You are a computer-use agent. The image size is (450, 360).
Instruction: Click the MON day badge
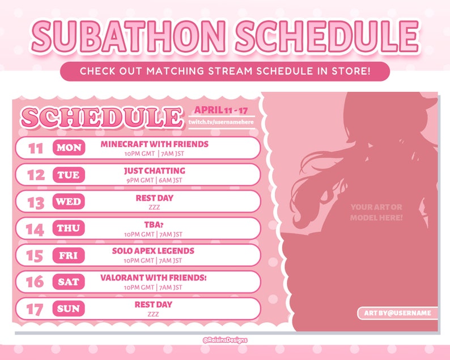pyautogui.click(x=69, y=148)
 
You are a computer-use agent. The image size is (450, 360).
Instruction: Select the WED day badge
pyautogui.click(x=69, y=201)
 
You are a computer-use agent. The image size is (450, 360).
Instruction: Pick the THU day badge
pyautogui.click(x=69, y=228)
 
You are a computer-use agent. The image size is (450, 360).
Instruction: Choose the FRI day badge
pyautogui.click(x=69, y=256)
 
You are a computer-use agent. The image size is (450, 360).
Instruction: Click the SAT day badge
pyautogui.click(x=69, y=282)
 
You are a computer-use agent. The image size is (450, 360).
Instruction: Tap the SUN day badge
pyautogui.click(x=69, y=309)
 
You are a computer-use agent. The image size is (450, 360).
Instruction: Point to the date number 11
pyautogui.click(x=36, y=149)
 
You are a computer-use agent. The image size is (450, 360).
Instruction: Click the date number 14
pyautogui.click(x=35, y=229)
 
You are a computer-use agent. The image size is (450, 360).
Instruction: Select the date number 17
pyautogui.click(x=35, y=310)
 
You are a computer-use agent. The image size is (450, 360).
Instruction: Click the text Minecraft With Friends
pyautogui.click(x=154, y=144)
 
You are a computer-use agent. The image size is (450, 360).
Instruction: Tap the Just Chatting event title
pyautogui.click(x=154, y=171)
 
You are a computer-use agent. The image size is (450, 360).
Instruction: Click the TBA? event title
pyautogui.click(x=154, y=224)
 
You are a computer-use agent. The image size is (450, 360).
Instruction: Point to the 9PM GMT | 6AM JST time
pyautogui.click(x=154, y=180)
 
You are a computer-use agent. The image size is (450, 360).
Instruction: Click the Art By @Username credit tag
pyautogui.click(x=397, y=313)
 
